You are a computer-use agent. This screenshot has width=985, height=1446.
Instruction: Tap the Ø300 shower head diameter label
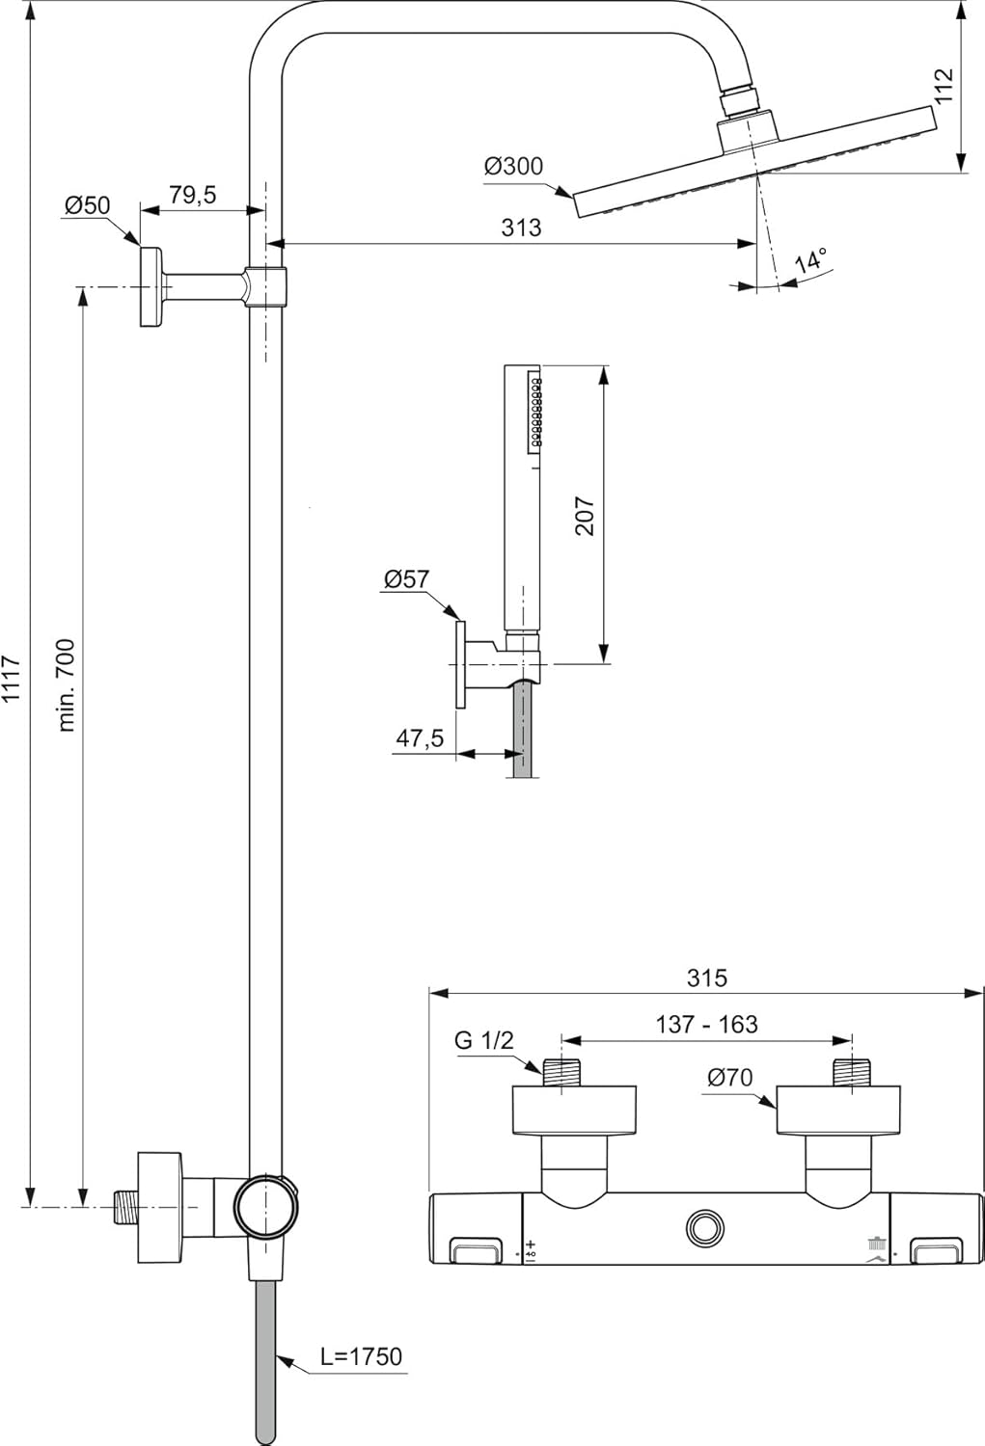coord(513,166)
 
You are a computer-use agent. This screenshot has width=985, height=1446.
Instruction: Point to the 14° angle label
coord(810,259)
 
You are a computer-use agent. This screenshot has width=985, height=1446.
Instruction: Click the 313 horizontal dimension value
coord(521,228)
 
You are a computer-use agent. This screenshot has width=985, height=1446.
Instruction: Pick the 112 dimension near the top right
coord(943,85)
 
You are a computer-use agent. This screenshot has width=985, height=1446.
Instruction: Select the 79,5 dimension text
coord(193,195)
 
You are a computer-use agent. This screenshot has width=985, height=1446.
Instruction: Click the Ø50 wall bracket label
coord(88,204)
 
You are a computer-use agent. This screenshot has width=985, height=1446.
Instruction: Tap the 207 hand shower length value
coord(585,515)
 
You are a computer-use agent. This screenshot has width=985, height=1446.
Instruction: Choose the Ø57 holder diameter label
coord(406,578)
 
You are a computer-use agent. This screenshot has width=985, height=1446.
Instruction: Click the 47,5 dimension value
coord(420,737)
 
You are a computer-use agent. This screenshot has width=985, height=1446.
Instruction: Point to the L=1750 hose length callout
coord(361,1356)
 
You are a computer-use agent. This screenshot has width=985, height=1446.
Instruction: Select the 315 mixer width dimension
coord(706,977)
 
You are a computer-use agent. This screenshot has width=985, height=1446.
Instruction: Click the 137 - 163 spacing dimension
coord(706,1024)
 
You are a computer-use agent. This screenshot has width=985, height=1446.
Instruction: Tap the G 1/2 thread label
coord(484,1041)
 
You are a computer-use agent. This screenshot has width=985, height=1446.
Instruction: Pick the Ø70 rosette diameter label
coord(729,1078)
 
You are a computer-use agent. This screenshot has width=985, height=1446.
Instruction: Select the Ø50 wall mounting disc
coord(150,286)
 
